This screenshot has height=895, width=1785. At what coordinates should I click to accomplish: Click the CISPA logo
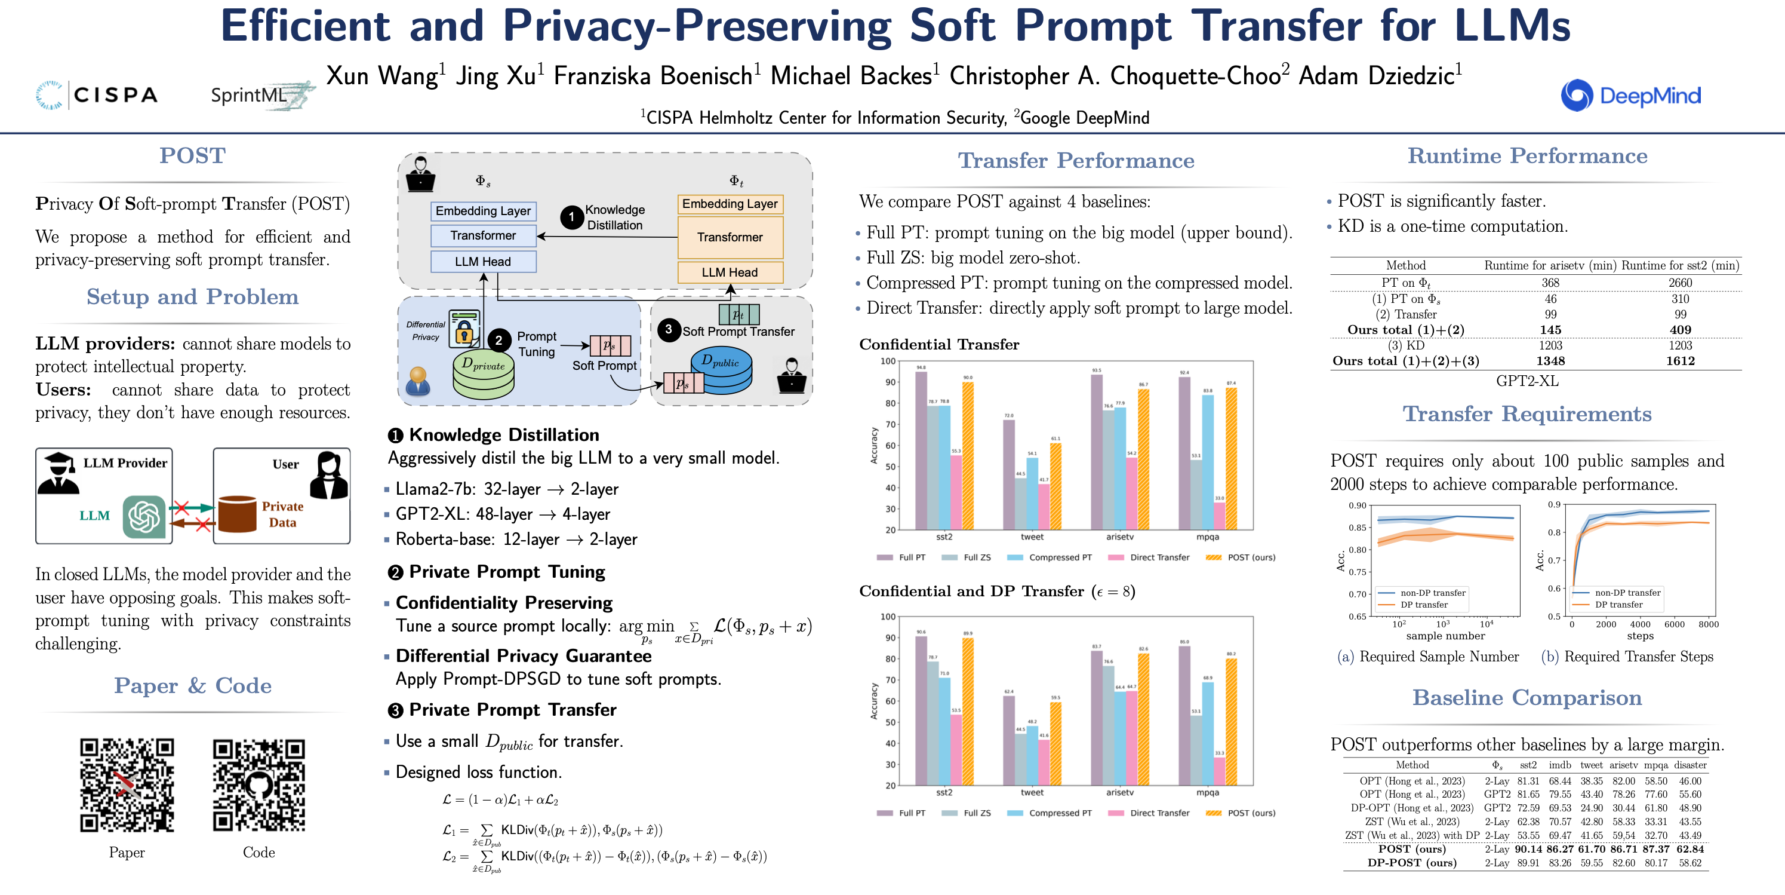97,95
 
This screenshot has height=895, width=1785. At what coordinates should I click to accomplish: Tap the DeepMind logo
1630,96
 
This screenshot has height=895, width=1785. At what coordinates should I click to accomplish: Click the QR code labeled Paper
127,785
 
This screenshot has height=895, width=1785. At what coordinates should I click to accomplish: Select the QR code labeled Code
258,785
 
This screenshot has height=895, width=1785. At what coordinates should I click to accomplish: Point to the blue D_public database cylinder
721,369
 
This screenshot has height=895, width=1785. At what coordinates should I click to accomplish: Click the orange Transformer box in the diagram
730,237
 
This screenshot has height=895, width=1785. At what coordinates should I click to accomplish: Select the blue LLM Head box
483,261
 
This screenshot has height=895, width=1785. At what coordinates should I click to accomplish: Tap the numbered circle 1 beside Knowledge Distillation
571,217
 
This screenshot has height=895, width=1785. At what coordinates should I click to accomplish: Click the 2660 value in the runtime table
1680,283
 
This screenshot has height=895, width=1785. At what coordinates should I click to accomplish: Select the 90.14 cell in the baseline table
1528,849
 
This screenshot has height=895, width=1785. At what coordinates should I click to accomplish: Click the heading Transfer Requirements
1527,414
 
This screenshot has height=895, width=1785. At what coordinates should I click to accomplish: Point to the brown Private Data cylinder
237,514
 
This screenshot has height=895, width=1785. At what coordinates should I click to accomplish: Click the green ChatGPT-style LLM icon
144,516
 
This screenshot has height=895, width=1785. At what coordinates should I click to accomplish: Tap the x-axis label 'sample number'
1445,636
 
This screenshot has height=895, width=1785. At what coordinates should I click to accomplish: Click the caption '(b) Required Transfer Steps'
1626,657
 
